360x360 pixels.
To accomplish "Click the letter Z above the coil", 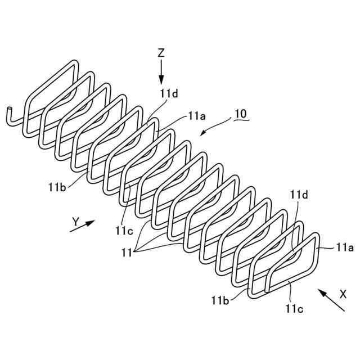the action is [x=161, y=53].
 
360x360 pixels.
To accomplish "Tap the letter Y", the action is [x=75, y=222].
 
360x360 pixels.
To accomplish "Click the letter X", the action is [x=343, y=294].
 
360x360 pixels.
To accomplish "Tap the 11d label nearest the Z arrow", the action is [x=168, y=94].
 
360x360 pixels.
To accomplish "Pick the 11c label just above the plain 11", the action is [x=125, y=229].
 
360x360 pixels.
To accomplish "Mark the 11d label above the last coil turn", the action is [x=299, y=195].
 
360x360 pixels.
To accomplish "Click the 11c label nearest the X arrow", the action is [x=294, y=308].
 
